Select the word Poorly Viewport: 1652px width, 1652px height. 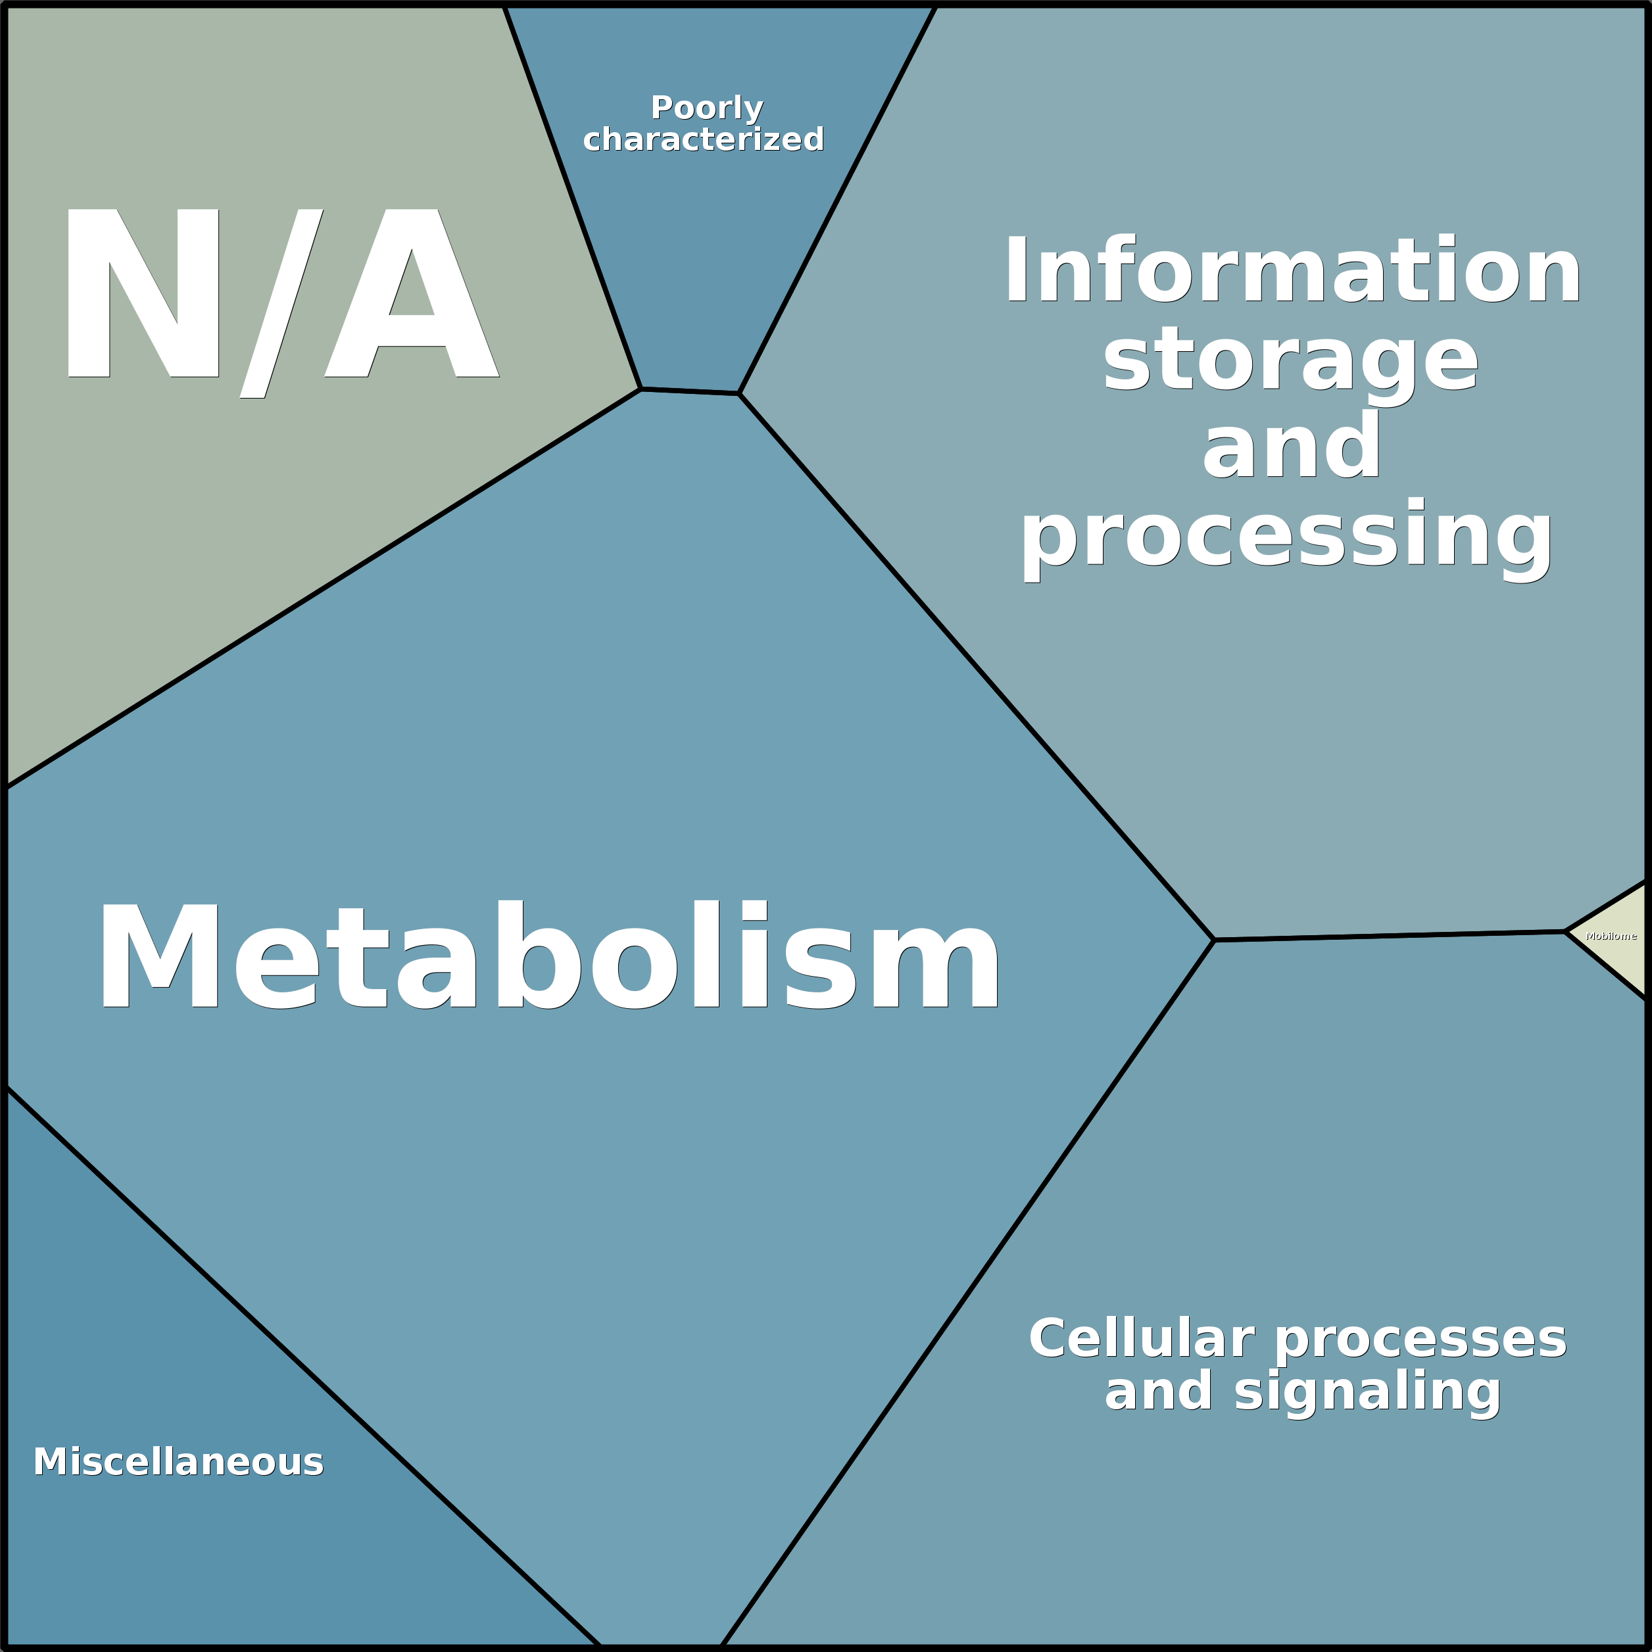(x=706, y=109)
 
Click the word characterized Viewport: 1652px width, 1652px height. (x=703, y=139)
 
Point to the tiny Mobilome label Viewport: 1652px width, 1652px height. (x=1611, y=936)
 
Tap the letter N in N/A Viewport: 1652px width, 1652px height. (x=143, y=293)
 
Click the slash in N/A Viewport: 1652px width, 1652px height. (x=281, y=304)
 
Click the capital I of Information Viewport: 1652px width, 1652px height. (x=1016, y=270)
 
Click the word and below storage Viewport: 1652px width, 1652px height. (x=1290, y=447)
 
